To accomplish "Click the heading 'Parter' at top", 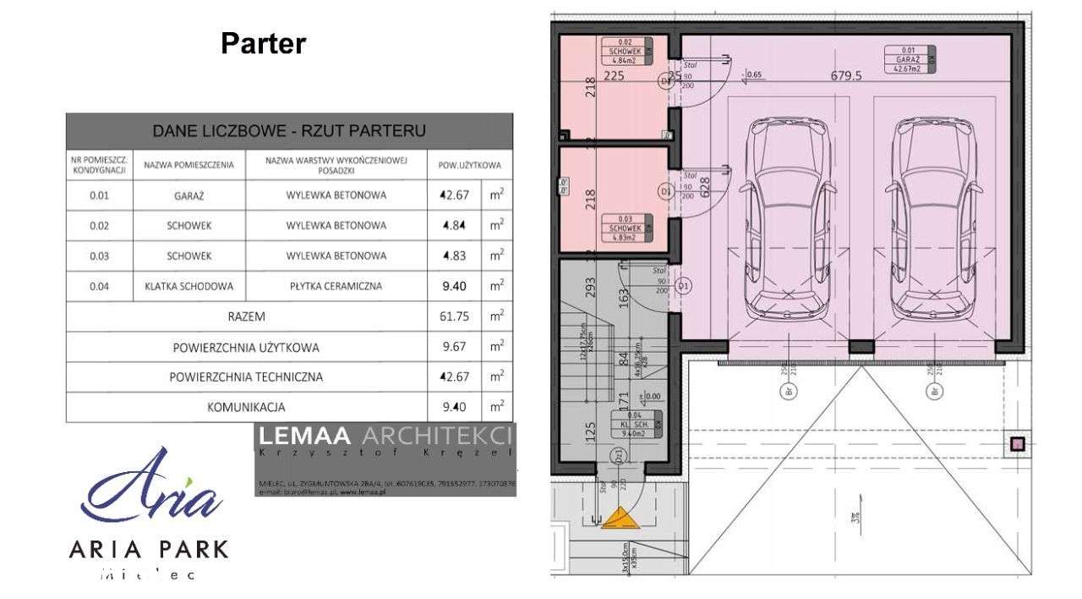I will coord(263,44).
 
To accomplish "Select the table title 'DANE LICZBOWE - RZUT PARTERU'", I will coord(288,131).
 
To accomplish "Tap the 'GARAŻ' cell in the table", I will coord(189,195).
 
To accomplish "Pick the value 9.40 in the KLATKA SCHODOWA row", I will coord(455,286).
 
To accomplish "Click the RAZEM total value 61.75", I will coord(455,316).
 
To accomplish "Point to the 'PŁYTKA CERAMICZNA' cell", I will coord(336,286).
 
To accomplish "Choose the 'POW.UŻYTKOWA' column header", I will coord(470,165).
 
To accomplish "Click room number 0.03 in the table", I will coord(99,256).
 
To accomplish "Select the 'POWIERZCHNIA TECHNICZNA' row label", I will coord(247,376).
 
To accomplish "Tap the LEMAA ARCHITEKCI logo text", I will coord(385,437).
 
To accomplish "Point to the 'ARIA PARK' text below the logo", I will coord(149,548).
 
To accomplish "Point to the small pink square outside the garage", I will coord(1018,443).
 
